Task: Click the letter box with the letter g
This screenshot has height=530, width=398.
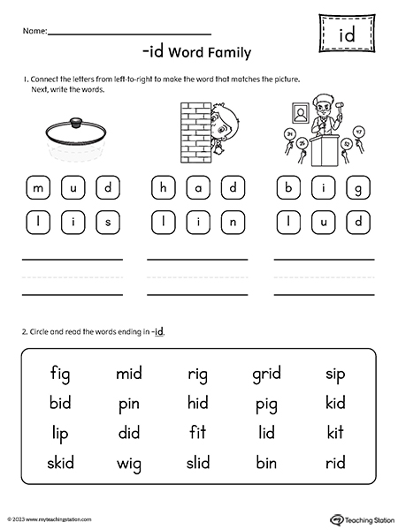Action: coord(359,188)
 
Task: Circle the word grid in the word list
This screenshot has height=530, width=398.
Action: coord(265,375)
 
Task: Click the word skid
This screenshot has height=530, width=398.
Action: coord(61,463)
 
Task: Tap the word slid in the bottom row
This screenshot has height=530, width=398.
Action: coord(198,463)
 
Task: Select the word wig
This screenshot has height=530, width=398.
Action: coord(129,463)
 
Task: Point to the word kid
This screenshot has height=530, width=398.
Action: coord(335,405)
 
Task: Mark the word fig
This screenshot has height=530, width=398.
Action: coord(61,375)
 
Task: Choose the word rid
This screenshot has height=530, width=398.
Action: coord(335,463)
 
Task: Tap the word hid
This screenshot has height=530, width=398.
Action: coord(198,405)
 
